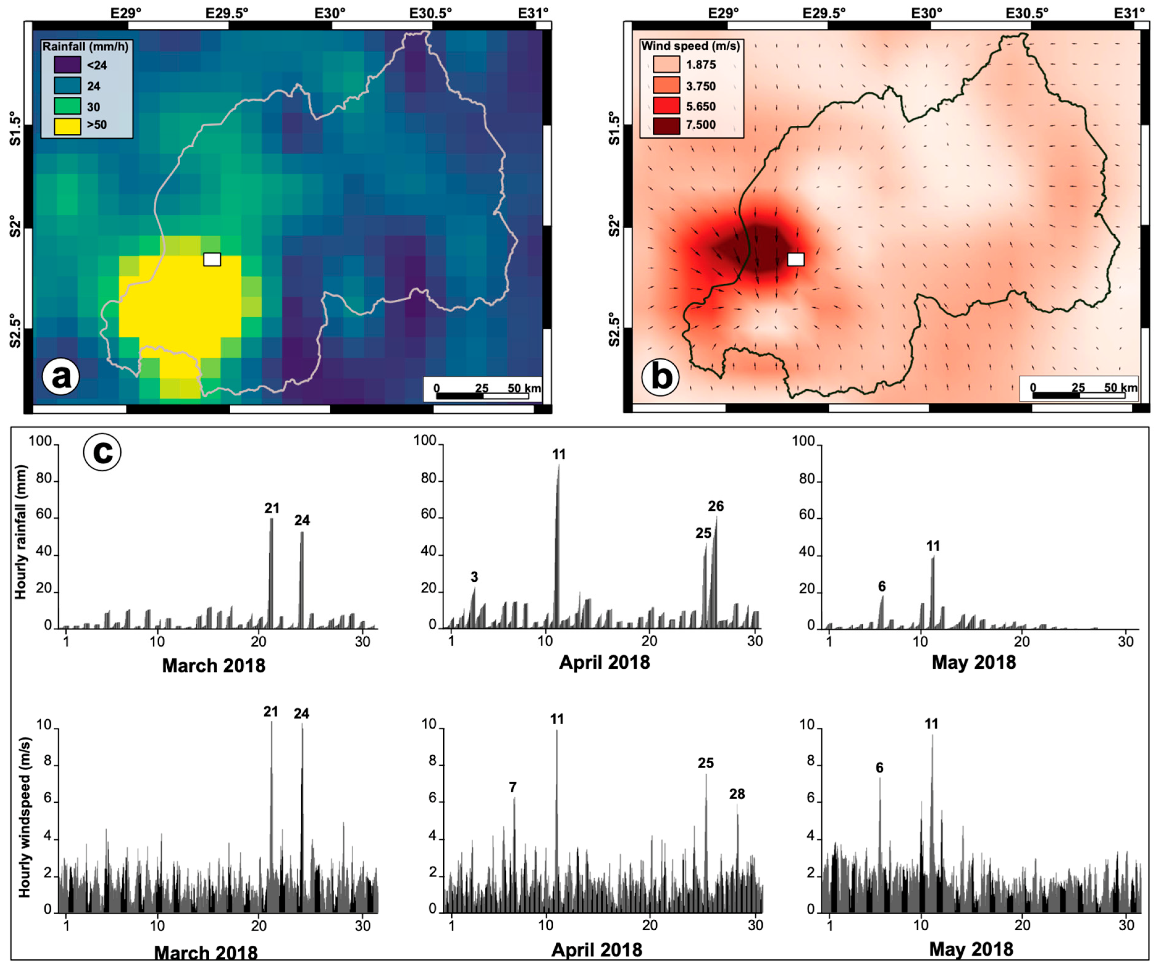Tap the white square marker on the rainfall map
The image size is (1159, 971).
(x=212, y=259)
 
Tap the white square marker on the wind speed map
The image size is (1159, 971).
(x=795, y=259)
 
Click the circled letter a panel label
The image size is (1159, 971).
(x=61, y=377)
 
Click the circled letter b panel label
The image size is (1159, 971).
(x=661, y=377)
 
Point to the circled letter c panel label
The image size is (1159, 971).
(x=102, y=452)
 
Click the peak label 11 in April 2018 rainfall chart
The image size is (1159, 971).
(x=559, y=454)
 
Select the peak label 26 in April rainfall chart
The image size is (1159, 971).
(x=716, y=506)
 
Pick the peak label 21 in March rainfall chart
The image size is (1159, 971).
(x=272, y=508)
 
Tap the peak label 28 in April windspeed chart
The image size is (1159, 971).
(x=737, y=794)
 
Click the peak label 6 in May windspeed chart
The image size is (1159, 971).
(x=879, y=767)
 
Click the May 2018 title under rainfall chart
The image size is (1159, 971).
(x=973, y=663)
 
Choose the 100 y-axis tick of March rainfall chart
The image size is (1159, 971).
(x=40, y=441)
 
